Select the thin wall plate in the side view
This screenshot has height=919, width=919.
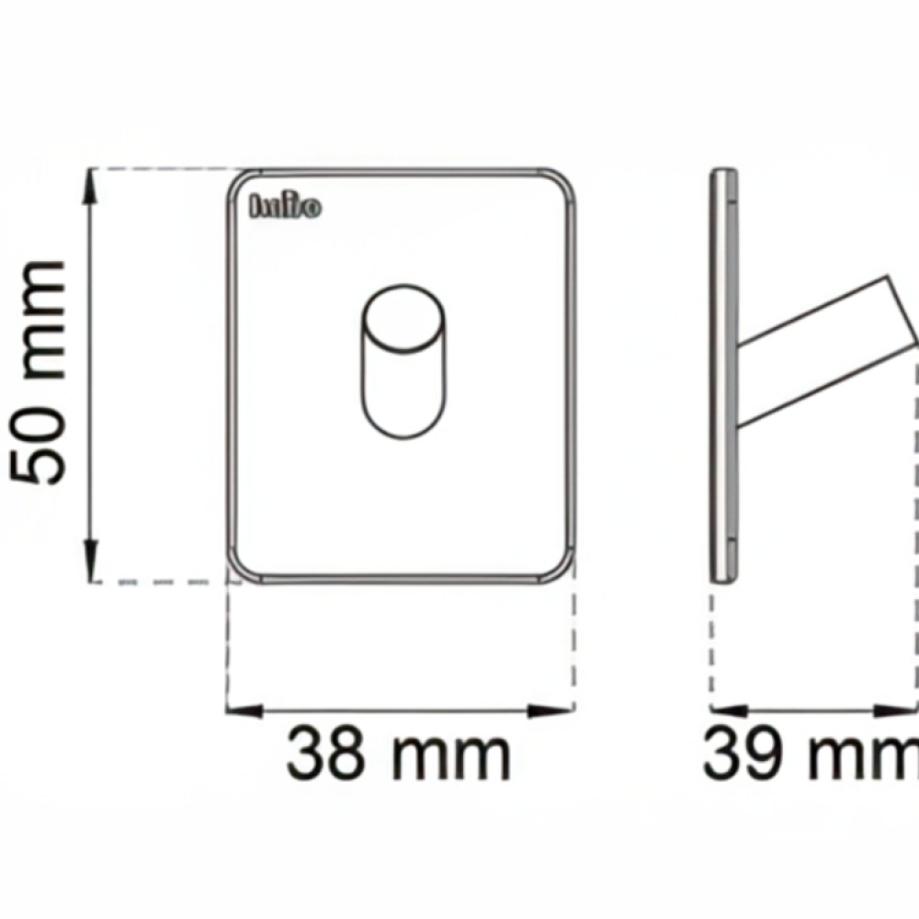point(725,372)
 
